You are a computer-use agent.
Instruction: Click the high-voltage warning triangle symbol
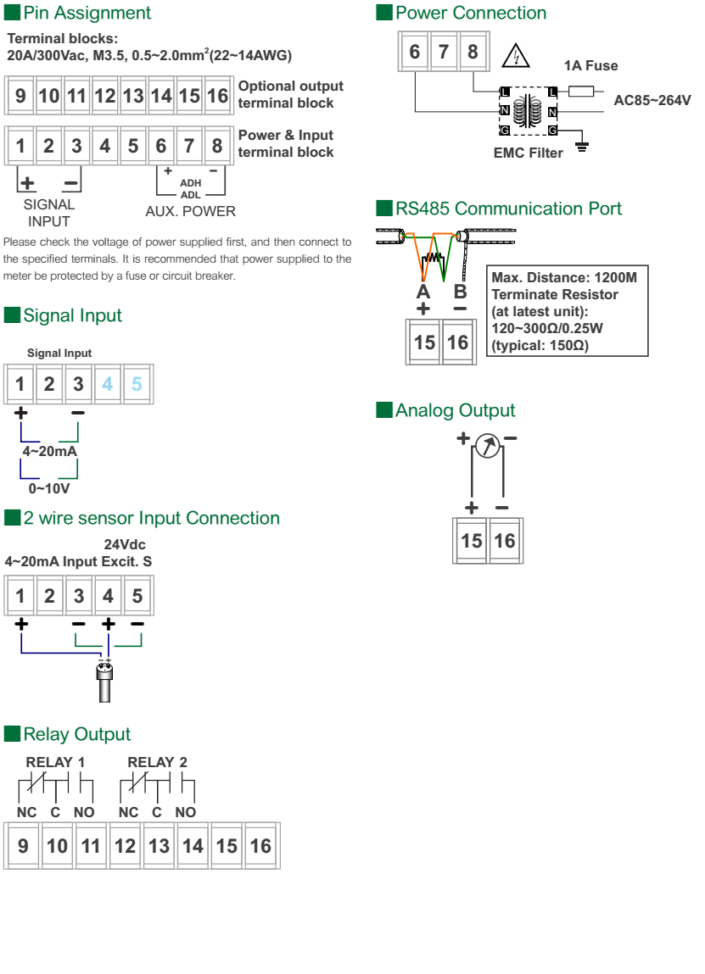click(515, 56)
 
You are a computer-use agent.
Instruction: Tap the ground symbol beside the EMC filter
click(582, 147)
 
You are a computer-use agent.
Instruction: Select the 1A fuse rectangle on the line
click(580, 92)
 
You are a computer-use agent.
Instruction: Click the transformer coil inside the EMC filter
click(527, 110)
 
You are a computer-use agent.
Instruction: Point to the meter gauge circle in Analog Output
click(488, 445)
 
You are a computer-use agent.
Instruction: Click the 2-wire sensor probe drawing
click(104, 682)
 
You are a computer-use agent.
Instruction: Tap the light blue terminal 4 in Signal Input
click(108, 384)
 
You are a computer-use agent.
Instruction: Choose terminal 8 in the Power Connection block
click(473, 52)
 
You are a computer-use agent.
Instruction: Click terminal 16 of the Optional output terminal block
click(217, 96)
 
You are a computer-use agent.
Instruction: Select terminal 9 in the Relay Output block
click(23, 845)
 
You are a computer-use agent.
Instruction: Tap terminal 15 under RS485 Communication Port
click(425, 342)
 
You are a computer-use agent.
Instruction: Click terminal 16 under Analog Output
click(504, 541)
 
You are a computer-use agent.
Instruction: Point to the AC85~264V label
click(652, 100)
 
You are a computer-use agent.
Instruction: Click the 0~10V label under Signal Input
click(49, 489)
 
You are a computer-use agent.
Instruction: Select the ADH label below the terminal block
click(191, 183)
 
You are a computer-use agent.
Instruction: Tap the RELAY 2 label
click(157, 762)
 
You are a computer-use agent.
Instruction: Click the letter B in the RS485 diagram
click(460, 292)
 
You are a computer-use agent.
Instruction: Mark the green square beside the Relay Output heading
click(12, 733)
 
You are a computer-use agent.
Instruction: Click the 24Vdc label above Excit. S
click(125, 545)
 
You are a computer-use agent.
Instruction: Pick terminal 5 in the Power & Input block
click(133, 146)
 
